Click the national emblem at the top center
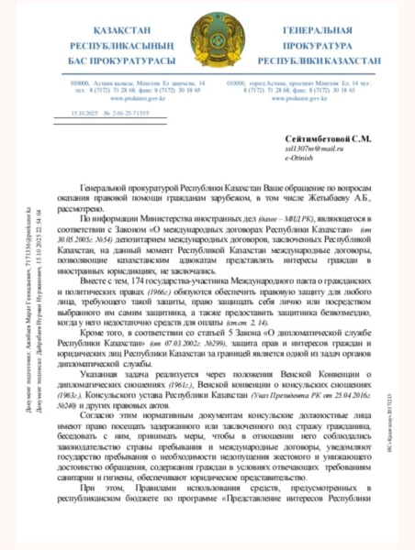click(207, 40)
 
